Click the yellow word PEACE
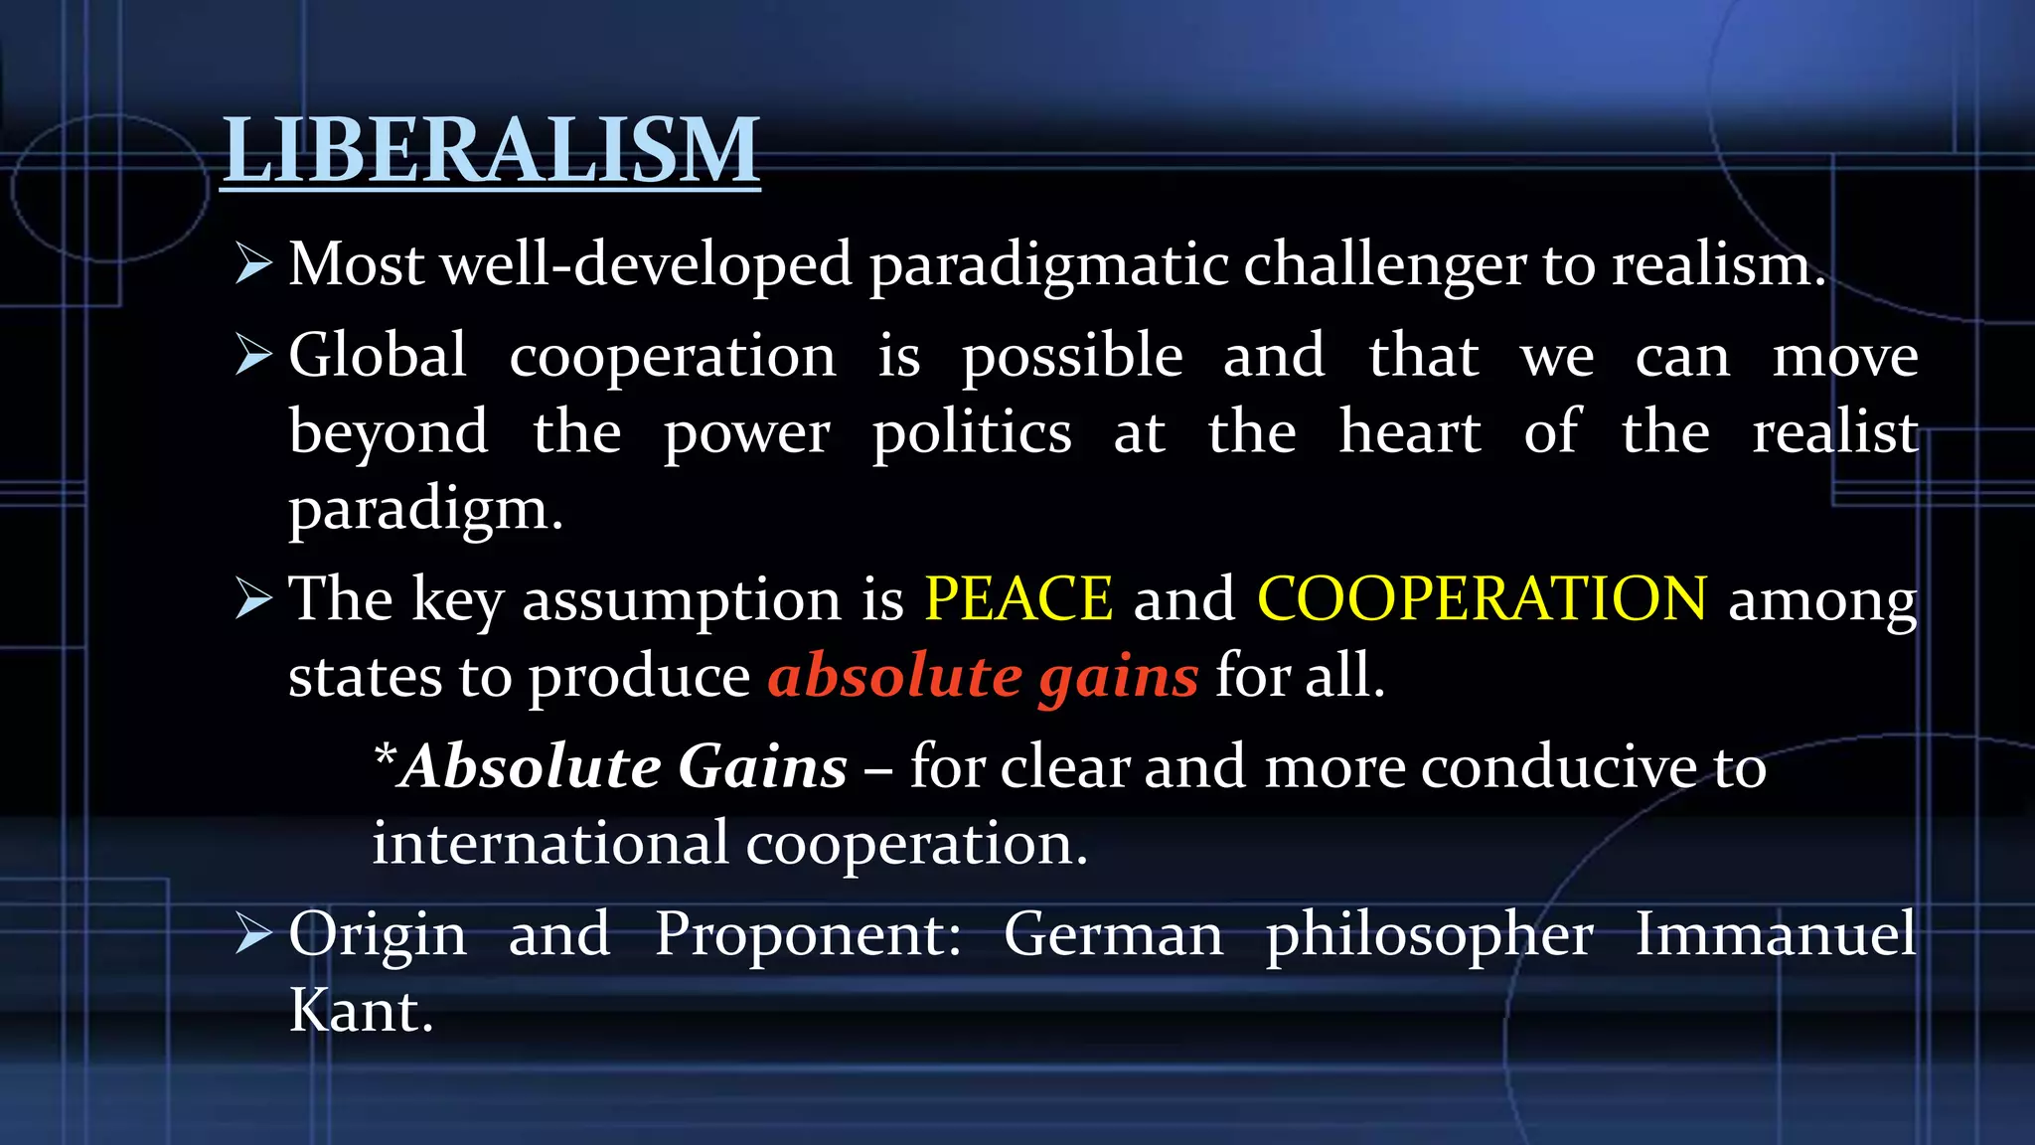tap(1018, 598)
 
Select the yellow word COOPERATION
tap(1482, 598)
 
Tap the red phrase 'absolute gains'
tap(983, 677)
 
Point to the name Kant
tap(361, 1011)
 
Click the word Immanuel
tap(1776, 934)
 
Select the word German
tap(1113, 934)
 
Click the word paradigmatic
tap(1048, 265)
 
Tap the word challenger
tap(1384, 265)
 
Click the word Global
tap(378, 355)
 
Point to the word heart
tap(1410, 432)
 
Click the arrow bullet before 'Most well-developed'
tap(254, 264)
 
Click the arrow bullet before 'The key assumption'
tap(254, 599)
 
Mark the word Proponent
tap(808, 935)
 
